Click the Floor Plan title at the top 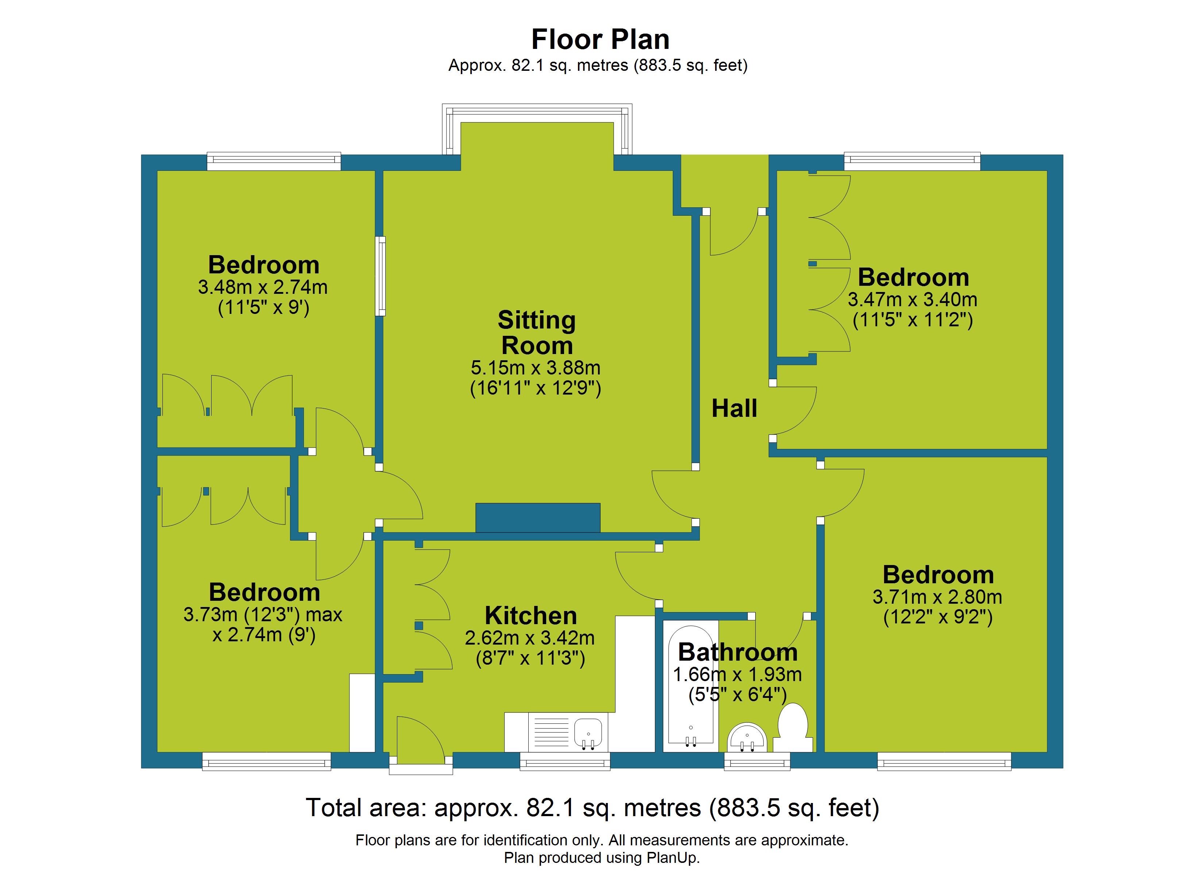pyautogui.click(x=601, y=39)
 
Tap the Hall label pyautogui.click(x=734, y=408)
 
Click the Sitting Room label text pyautogui.click(x=537, y=333)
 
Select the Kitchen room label pyautogui.click(x=531, y=616)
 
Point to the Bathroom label pyautogui.click(x=738, y=652)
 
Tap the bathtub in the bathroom pyautogui.click(x=691, y=686)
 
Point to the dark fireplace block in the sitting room pyautogui.click(x=538, y=518)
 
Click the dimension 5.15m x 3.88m pyautogui.click(x=536, y=368)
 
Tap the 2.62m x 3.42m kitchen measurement pyautogui.click(x=530, y=638)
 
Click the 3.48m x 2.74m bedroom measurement pyautogui.click(x=263, y=287)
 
